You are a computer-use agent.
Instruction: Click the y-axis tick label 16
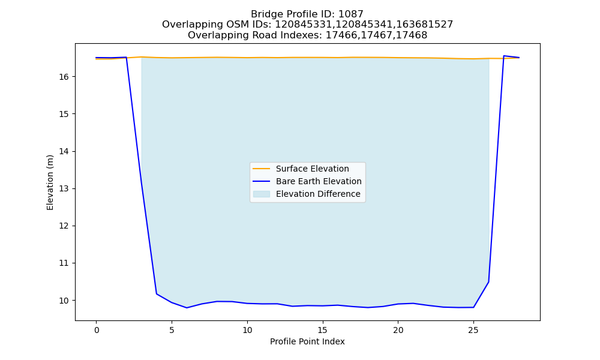click(x=64, y=77)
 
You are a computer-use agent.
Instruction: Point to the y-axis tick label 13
click(x=64, y=188)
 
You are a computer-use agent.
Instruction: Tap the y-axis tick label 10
click(x=64, y=301)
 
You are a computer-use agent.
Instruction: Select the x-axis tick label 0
click(x=97, y=330)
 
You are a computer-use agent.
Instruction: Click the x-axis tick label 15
click(x=323, y=330)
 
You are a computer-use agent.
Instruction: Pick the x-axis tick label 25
click(x=473, y=330)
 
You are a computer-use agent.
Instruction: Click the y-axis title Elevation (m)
click(x=50, y=182)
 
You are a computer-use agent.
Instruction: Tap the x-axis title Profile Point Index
click(x=307, y=341)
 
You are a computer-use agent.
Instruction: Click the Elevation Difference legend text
click(x=318, y=194)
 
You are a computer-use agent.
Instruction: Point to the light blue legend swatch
click(x=262, y=194)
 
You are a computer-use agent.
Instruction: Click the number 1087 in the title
click(x=351, y=14)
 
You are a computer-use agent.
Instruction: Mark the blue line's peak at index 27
click(x=503, y=56)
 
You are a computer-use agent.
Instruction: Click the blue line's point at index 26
click(x=488, y=282)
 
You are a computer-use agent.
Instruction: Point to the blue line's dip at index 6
click(x=187, y=308)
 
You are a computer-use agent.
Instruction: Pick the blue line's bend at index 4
click(x=157, y=294)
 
